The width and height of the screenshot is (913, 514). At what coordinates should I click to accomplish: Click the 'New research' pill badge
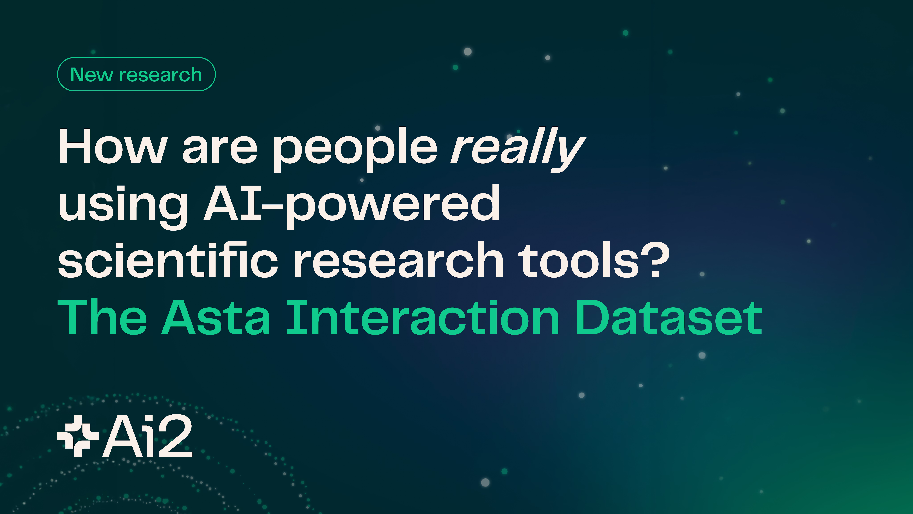point(136,74)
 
